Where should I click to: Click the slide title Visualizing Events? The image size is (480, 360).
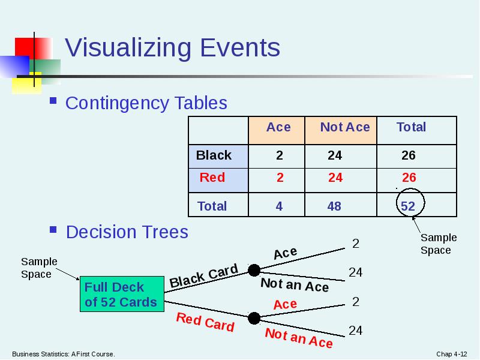pyautogui.click(x=172, y=48)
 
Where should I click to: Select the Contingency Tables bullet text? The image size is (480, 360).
pyautogui.click(x=146, y=103)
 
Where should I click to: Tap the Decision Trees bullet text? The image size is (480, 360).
pyautogui.click(x=127, y=232)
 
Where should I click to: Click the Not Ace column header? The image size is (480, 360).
pyautogui.click(x=345, y=127)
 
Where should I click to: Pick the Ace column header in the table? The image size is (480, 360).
pyautogui.click(x=278, y=127)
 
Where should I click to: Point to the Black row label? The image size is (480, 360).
pyautogui.click(x=214, y=155)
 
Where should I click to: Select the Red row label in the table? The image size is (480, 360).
pyautogui.click(x=212, y=178)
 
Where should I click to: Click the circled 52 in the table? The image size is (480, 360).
pyautogui.click(x=408, y=206)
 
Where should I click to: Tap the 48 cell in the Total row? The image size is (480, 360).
pyautogui.click(x=334, y=206)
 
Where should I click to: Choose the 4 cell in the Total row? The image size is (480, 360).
pyautogui.click(x=279, y=206)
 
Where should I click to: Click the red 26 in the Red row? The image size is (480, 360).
pyautogui.click(x=409, y=178)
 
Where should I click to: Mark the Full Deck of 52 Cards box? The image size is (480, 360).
pyautogui.click(x=121, y=294)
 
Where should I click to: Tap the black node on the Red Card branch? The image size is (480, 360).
pyautogui.click(x=254, y=317)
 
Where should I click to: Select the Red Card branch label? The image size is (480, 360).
pyautogui.click(x=205, y=322)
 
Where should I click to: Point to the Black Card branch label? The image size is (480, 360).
pyautogui.click(x=204, y=276)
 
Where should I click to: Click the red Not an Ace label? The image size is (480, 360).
pyautogui.click(x=299, y=338)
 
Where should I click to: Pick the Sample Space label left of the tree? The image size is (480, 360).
pyautogui.click(x=39, y=268)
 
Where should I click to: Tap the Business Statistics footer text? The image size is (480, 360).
pyautogui.click(x=63, y=354)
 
